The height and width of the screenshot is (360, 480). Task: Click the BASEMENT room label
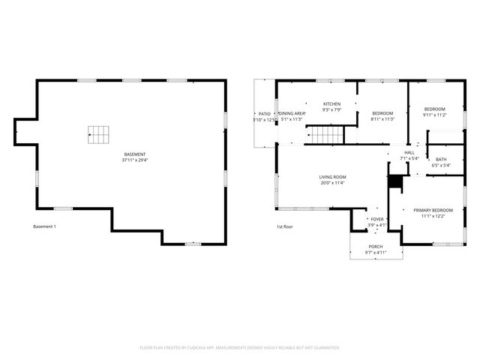click(135, 154)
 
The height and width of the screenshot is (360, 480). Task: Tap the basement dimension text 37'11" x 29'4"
click(135, 160)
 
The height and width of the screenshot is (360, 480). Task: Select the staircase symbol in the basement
click(98, 134)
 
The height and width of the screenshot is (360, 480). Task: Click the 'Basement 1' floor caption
click(44, 226)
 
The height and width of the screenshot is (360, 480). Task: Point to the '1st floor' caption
click(283, 226)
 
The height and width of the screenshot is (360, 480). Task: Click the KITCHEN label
click(331, 104)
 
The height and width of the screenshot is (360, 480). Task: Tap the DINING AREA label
click(291, 113)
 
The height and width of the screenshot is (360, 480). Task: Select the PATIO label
click(264, 113)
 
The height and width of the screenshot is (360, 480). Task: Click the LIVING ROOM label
click(332, 177)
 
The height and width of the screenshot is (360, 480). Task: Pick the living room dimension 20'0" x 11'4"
click(332, 183)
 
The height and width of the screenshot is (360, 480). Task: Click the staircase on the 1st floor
click(327, 135)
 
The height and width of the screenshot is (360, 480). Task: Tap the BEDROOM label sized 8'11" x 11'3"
click(382, 113)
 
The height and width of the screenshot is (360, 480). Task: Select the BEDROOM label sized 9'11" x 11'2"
click(434, 109)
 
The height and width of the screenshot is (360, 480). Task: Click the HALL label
click(409, 152)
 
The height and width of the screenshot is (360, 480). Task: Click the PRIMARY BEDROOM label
click(433, 210)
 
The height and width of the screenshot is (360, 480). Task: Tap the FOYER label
click(377, 219)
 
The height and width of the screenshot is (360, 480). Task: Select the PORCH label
click(375, 247)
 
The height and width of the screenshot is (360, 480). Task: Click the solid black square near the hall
click(395, 182)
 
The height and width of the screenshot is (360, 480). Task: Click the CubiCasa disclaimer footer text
click(240, 347)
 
